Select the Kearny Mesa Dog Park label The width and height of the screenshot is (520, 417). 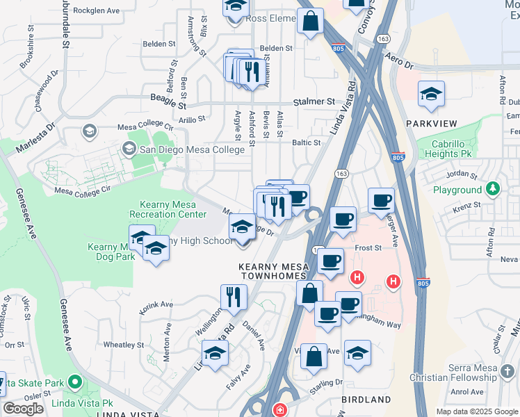pyautogui.click(x=111, y=252)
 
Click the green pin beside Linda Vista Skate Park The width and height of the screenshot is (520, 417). pyautogui.click(x=75, y=383)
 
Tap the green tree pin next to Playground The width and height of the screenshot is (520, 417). pyautogui.click(x=493, y=189)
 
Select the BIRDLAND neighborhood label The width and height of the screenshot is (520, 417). pyautogui.click(x=366, y=400)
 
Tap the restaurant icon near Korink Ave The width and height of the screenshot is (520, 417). pyautogui.click(x=234, y=297)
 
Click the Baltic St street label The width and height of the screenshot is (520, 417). pyautogui.click(x=306, y=142)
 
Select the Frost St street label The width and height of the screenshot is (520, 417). pyautogui.click(x=368, y=247)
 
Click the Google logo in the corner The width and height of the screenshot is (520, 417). pyautogui.click(x=23, y=408)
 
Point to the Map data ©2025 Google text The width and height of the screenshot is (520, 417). pyautogui.click(x=476, y=411)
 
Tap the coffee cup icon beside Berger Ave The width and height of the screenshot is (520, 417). pyautogui.click(x=380, y=201)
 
